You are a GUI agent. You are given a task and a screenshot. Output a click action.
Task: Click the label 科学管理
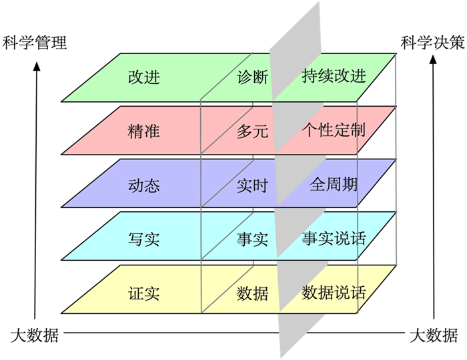35,44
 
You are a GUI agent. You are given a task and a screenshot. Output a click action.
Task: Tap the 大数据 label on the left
35,335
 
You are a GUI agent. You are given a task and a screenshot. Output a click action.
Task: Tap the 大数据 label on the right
434,335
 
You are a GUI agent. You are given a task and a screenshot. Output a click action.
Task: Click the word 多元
252,131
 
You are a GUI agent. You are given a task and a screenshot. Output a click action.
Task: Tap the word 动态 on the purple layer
143,185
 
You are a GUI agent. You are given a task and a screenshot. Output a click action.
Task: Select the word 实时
252,185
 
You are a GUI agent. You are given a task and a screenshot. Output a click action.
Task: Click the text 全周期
334,184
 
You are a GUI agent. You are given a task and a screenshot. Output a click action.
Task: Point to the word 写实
143,238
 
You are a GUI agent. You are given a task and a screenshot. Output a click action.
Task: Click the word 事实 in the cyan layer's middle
252,239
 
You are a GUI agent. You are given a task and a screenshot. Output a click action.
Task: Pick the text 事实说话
334,237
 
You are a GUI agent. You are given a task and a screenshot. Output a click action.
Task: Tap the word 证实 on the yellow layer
143,292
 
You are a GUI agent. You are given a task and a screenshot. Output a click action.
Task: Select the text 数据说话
334,291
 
